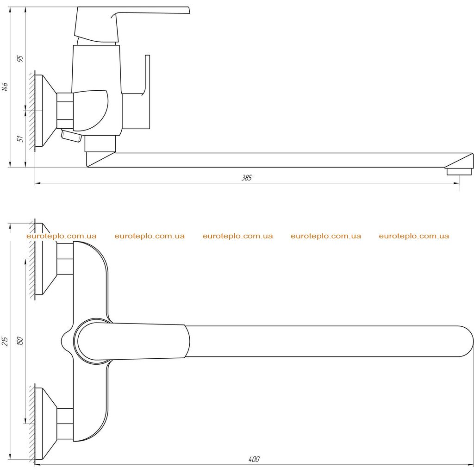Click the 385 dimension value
coord(247,178)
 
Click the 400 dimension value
coord(254,459)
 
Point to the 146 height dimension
coord(5,87)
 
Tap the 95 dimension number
coord(20,59)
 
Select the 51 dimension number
coord(20,139)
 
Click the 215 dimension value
coord(5,341)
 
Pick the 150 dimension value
coord(20,341)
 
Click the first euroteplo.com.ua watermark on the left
coord(62,236)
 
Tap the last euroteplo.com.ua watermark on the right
coord(414,236)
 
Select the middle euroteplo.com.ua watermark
coord(237,236)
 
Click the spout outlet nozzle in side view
coord(459,172)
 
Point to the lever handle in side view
coord(132,24)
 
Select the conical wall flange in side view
coord(46,111)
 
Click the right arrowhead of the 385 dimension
coord(456,183)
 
